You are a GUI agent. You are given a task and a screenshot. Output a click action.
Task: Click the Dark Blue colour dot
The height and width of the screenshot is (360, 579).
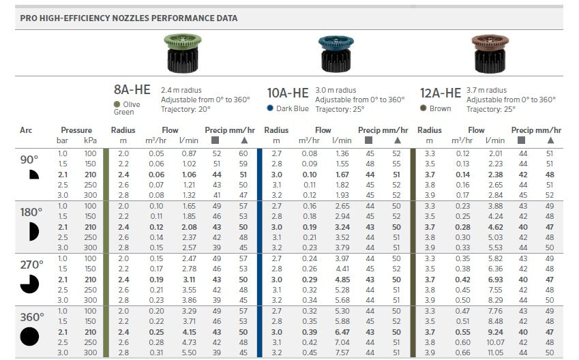271,108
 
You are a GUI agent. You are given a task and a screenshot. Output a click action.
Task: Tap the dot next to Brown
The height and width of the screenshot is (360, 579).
424,108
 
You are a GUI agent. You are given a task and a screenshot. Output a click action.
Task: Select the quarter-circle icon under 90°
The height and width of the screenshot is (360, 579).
29,175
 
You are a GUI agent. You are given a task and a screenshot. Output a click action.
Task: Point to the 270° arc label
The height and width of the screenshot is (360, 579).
31,265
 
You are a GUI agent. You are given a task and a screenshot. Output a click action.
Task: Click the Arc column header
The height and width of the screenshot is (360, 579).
26,130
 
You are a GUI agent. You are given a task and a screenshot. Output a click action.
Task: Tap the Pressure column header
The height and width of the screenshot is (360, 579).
76,130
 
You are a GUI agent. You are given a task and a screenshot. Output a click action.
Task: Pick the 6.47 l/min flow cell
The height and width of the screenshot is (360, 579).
342,331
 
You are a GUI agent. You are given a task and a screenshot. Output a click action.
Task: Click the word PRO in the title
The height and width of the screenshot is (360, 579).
29,18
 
